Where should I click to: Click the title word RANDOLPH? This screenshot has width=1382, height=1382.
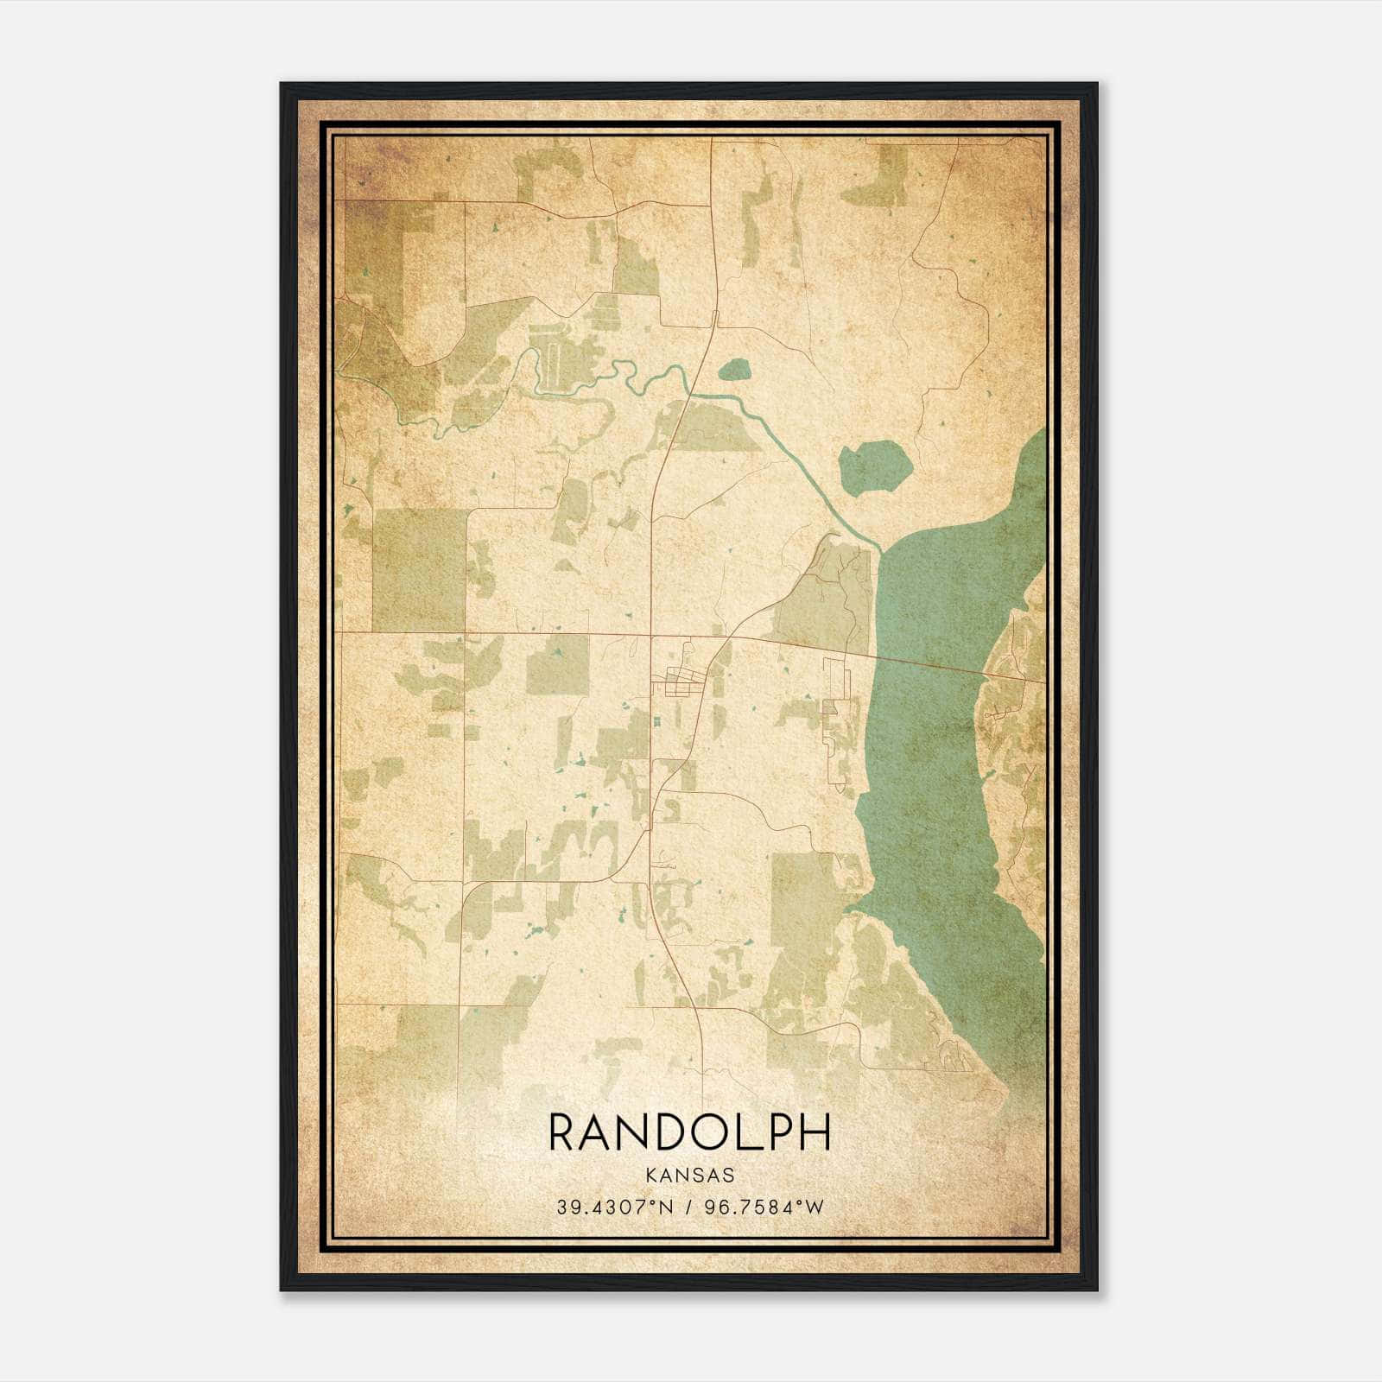pyautogui.click(x=689, y=1132)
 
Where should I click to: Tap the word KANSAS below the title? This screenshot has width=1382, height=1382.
pyautogui.click(x=689, y=1176)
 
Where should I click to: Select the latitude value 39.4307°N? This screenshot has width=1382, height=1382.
pyautogui.click(x=614, y=1207)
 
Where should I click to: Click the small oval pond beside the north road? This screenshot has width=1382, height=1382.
pyautogui.click(x=735, y=371)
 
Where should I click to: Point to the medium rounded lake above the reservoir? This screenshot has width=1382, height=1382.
pyautogui.click(x=875, y=468)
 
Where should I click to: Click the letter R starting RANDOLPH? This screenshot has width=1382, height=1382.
pyautogui.click(x=562, y=1132)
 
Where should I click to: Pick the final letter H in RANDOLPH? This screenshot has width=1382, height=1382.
pyautogui.click(x=815, y=1132)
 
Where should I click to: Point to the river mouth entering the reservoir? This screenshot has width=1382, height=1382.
pyautogui.click(x=877, y=549)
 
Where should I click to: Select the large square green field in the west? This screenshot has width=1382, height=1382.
pyautogui.click(x=420, y=569)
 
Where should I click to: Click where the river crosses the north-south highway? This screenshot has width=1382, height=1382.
pyautogui.click(x=689, y=394)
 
